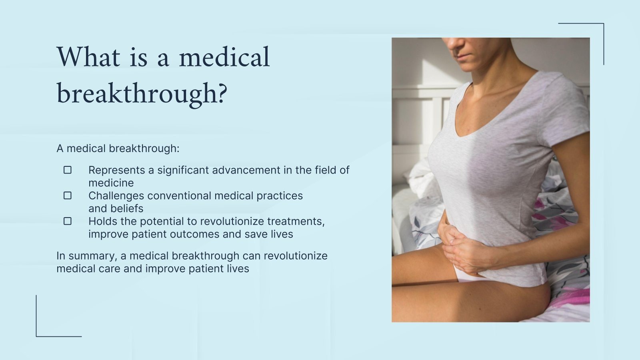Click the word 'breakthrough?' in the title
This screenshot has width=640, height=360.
(x=142, y=94)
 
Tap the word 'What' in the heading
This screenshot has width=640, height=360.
(x=88, y=57)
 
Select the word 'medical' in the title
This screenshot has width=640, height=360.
(x=224, y=57)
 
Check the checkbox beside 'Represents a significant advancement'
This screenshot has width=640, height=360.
(x=68, y=170)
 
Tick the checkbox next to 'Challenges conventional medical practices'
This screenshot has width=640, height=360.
(x=68, y=196)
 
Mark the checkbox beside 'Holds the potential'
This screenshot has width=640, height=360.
(x=68, y=221)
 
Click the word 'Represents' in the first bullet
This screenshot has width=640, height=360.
(x=116, y=170)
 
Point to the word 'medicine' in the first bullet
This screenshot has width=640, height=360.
(x=111, y=183)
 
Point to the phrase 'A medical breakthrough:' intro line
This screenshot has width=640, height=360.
(x=118, y=149)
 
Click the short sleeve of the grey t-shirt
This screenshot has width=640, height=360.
(x=568, y=116)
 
